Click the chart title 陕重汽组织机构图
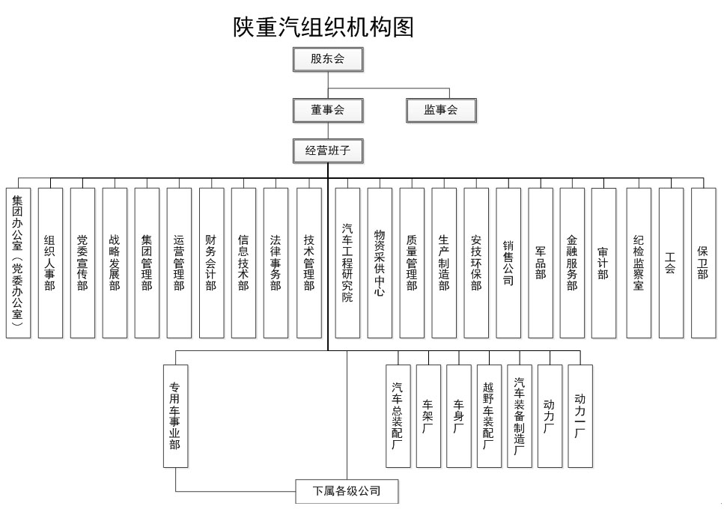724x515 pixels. (323, 27)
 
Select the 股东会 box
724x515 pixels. (328, 59)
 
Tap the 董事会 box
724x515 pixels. (328, 110)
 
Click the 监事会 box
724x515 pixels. (441, 110)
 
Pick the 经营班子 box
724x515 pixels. (328, 151)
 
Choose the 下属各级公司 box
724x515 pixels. (347, 491)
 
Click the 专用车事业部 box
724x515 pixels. (175, 416)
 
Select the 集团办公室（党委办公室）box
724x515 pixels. (18, 263)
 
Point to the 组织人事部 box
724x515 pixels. (50, 263)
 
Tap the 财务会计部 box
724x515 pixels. (211, 263)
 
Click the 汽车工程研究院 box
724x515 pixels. (347, 263)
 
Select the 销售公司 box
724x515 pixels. (508, 263)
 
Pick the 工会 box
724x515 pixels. (671, 263)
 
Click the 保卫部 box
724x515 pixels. (703, 263)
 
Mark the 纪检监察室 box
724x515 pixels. (639, 263)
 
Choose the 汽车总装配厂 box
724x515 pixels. (398, 416)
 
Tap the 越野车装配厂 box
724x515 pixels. (489, 416)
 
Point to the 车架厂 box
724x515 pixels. (428, 416)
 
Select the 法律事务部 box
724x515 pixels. (276, 263)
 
